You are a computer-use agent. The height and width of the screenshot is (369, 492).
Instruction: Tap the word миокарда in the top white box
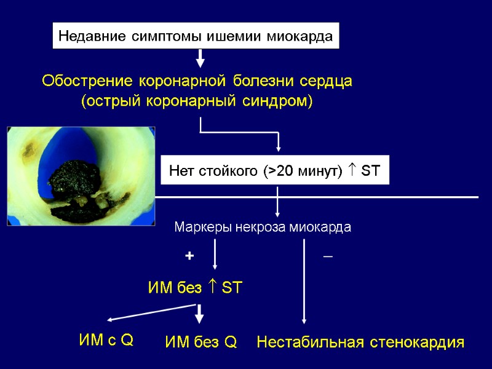(x=301, y=37)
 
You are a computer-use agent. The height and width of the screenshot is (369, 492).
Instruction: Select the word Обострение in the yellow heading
(x=87, y=81)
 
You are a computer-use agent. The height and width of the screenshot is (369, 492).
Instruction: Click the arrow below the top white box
(x=200, y=59)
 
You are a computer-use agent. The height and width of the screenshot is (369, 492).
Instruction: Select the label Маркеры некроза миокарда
(x=263, y=228)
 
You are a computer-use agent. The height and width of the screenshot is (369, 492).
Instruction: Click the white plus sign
(x=189, y=256)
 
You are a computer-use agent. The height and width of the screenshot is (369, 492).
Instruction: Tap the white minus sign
(x=328, y=255)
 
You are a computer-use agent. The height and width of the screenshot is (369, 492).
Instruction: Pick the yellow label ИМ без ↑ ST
(x=196, y=287)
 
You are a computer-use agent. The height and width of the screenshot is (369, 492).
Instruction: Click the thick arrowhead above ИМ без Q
(x=199, y=318)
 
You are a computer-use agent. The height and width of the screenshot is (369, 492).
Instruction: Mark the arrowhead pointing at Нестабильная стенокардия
(x=304, y=319)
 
